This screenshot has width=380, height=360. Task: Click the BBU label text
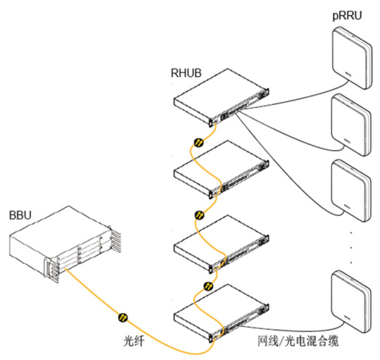click(20, 215)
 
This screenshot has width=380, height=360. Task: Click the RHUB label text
click(186, 73)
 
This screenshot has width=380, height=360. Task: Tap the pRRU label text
click(347, 16)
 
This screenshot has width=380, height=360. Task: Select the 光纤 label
click(133, 341)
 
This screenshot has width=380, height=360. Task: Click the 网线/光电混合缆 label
click(298, 341)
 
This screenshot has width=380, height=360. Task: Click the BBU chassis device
click(65, 244)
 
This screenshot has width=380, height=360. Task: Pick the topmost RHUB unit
click(221, 97)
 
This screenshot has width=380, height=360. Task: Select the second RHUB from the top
click(221, 170)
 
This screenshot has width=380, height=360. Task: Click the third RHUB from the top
click(221, 244)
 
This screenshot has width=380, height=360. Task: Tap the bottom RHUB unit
click(221, 313)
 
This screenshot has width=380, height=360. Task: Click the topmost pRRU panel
click(351, 58)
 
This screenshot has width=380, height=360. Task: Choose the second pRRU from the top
click(351, 125)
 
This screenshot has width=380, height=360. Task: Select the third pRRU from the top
click(351, 190)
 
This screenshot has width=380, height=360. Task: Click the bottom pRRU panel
click(351, 302)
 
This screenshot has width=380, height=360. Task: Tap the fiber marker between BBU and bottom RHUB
click(123, 318)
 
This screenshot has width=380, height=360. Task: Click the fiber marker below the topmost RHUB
click(199, 143)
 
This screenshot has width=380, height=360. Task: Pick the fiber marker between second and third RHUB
click(200, 215)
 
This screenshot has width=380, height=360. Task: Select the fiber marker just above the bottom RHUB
click(208, 286)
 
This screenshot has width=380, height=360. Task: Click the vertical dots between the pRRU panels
click(351, 248)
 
